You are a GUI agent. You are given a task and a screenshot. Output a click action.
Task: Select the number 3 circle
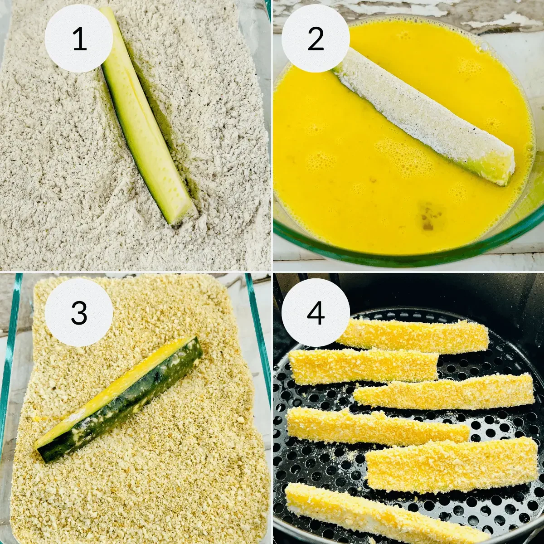point(79,312)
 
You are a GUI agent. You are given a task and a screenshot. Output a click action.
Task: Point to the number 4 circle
point(316,312)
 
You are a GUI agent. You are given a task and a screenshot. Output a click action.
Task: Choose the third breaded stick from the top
point(444,392)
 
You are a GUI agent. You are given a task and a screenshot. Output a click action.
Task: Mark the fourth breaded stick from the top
point(376,426)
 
